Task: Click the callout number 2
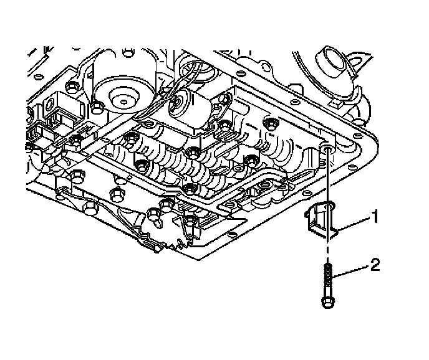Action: pyautogui.click(x=375, y=266)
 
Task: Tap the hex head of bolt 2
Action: pyautogui.click(x=327, y=303)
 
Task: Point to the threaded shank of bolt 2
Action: pyautogui.click(x=327, y=277)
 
